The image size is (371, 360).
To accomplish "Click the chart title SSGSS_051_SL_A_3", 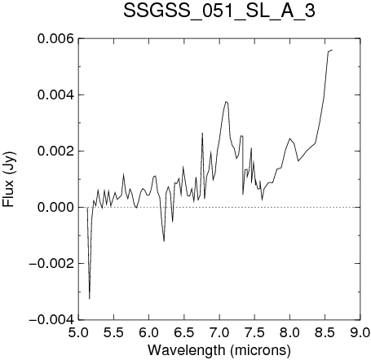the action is (219, 11).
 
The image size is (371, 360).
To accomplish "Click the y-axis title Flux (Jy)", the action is (9, 180).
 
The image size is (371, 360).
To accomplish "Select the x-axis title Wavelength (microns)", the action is (219, 349).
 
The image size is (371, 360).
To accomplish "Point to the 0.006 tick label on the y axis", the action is (55, 38).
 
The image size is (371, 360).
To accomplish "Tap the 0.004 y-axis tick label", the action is (55, 95).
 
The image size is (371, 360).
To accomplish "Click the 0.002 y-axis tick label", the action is (55, 151).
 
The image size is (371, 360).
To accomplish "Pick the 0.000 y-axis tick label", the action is (55, 208).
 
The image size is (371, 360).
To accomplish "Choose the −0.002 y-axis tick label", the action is (51, 264).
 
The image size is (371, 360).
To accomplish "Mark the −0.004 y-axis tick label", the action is (51, 320).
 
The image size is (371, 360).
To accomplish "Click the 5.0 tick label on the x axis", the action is (78, 332).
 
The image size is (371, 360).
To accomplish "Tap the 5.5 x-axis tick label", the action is (114, 332).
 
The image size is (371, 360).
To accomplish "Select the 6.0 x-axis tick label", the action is (149, 332).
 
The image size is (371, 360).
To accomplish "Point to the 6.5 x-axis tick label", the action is (184, 332).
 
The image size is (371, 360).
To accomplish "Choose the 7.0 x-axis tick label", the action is (219, 332).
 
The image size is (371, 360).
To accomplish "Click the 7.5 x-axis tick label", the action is (254, 332).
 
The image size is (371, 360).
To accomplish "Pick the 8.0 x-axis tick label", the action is (290, 332).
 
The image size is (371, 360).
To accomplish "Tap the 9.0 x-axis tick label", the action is (360, 332).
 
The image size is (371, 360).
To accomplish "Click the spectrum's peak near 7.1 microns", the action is (226, 102).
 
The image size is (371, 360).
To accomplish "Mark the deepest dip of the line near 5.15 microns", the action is (90, 299).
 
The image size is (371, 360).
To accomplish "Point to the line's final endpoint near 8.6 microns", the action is (332, 50).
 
